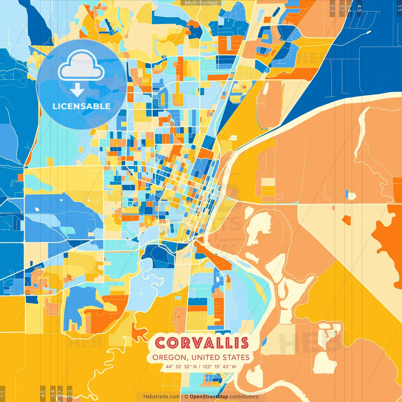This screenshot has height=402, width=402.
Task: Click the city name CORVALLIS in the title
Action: pos(202,343)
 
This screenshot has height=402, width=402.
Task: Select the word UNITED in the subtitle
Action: pos(206,357)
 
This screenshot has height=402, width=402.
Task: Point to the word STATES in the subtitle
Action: pos(236,357)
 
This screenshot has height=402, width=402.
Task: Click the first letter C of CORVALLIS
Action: pos(160,343)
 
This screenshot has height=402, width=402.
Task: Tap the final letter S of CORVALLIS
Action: pos(244,343)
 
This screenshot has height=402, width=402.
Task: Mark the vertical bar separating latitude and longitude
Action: pos(199,367)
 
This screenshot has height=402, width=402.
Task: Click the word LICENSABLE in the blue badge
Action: pos(82,106)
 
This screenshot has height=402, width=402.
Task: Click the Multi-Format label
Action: pos(201,3)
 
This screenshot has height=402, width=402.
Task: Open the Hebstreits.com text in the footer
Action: pos(161,397)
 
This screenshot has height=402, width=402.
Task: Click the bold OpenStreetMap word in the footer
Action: pos(209,397)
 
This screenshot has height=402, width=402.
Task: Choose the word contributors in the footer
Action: pos(244,397)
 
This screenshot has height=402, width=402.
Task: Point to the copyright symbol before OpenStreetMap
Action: pos(186,397)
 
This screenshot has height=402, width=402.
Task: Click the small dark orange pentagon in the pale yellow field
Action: pos(346,220)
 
